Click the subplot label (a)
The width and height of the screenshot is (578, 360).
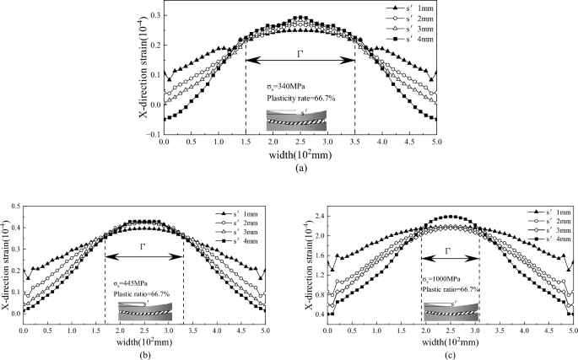pos(300,168)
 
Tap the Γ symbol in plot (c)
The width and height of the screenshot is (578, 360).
pos(449,250)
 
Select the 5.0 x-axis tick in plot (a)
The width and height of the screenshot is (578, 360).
pos(436,143)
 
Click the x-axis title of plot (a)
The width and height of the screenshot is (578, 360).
pos(300,155)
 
